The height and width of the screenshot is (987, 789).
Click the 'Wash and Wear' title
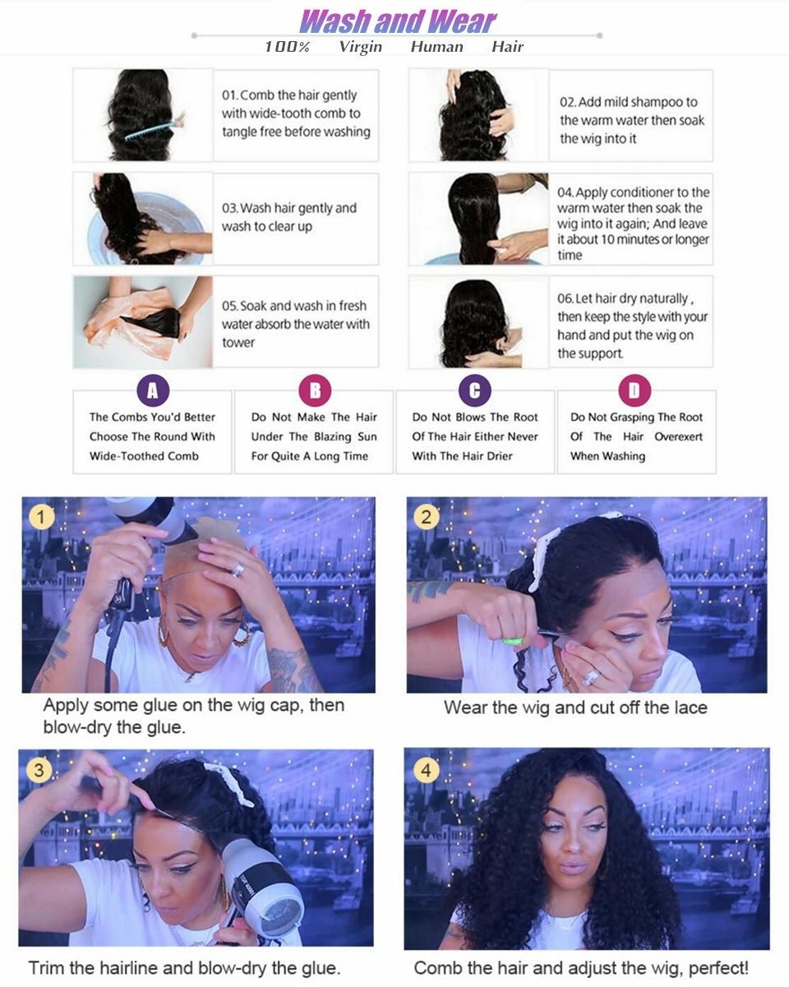398,21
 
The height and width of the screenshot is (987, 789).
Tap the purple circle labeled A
152,390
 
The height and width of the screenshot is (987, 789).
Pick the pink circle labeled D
634,390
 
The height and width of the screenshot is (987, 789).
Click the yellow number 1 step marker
41,518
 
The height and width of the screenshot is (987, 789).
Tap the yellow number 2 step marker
426,517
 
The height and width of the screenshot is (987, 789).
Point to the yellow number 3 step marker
39,771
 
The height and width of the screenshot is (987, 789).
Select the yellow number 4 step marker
425,771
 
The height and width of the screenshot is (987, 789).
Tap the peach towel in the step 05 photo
123,325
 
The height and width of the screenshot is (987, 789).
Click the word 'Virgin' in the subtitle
360,47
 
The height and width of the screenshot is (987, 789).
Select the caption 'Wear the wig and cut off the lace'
575,708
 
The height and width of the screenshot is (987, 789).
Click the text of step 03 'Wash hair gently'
288,217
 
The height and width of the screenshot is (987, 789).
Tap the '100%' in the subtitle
287,47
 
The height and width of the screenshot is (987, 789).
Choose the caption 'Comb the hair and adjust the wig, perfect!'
581,968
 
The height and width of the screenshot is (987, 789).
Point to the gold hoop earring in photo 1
242,634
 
